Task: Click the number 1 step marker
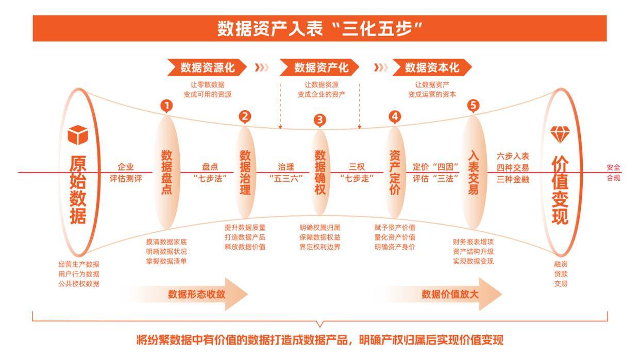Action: pyautogui.click(x=166, y=106)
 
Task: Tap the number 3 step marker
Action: pyautogui.click(x=319, y=120)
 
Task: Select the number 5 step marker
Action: pyautogui.click(x=473, y=106)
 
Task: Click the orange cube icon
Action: pyautogui.click(x=78, y=135)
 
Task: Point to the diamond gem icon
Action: pyautogui.click(x=560, y=135)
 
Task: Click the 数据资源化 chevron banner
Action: pyautogui.click(x=207, y=67)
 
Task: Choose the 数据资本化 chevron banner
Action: pyautogui.click(x=432, y=67)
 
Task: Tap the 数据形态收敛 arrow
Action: pyautogui.click(x=189, y=294)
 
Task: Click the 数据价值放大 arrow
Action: pyautogui.click(x=443, y=294)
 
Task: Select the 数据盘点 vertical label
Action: pyautogui.click(x=166, y=173)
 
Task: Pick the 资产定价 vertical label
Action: pyautogui.click(x=395, y=173)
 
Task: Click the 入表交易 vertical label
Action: pyautogui.click(x=473, y=173)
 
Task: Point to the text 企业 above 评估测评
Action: pyautogui.click(x=126, y=167)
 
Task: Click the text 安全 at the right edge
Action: pyautogui.click(x=613, y=167)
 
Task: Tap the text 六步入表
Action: pyautogui.click(x=513, y=156)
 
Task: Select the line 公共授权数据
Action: pyautogui.click(x=79, y=284)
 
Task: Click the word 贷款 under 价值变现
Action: pyautogui.click(x=561, y=274)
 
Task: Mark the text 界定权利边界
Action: pyautogui.click(x=319, y=247)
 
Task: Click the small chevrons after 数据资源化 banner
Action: pyautogui.click(x=262, y=67)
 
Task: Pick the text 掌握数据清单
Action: pyautogui.click(x=166, y=261)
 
